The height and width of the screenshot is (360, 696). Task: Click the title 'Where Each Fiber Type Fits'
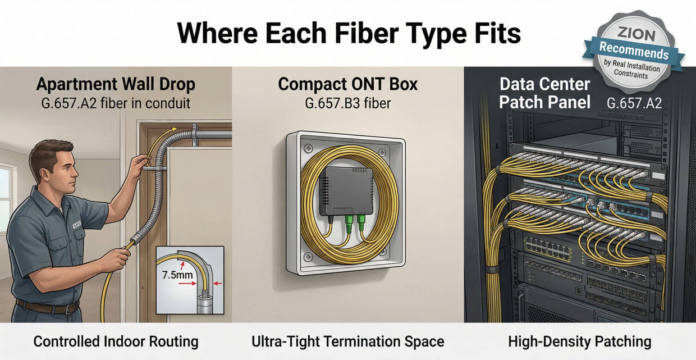point(349,33)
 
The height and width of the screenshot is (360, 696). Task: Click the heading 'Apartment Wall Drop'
point(116,84)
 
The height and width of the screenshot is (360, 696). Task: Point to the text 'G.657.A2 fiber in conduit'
point(116,103)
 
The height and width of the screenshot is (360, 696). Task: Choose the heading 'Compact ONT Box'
point(348,84)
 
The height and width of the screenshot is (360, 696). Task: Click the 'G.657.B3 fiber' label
point(348,103)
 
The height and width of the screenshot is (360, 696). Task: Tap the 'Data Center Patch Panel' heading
point(544,94)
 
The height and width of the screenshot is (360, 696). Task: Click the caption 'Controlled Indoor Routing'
point(116,341)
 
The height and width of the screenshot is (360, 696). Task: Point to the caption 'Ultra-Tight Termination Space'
point(348,341)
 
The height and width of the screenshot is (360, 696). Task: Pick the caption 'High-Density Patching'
point(579,341)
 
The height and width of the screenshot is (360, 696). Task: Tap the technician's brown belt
point(47,307)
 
